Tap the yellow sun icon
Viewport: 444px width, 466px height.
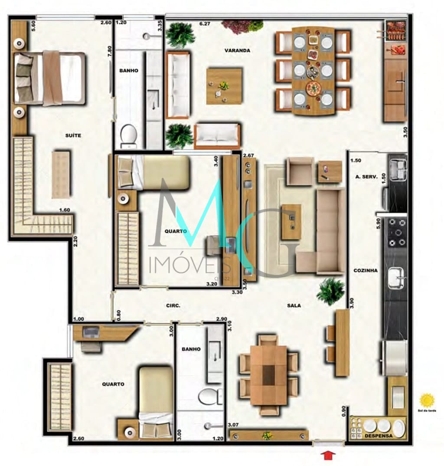click(427, 400)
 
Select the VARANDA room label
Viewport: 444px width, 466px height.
click(237, 50)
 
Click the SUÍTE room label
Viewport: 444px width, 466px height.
click(74, 135)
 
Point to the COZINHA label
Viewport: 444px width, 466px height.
click(366, 270)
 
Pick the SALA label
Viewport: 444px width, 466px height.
click(294, 305)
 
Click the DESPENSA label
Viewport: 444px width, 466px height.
click(378, 435)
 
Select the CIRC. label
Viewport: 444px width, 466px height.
click(173, 305)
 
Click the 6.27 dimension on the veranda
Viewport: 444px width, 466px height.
click(205, 24)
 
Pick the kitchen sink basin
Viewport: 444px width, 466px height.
click(396, 278)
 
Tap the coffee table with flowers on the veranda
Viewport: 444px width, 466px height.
click(224, 86)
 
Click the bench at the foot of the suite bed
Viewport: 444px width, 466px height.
click(61, 174)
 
